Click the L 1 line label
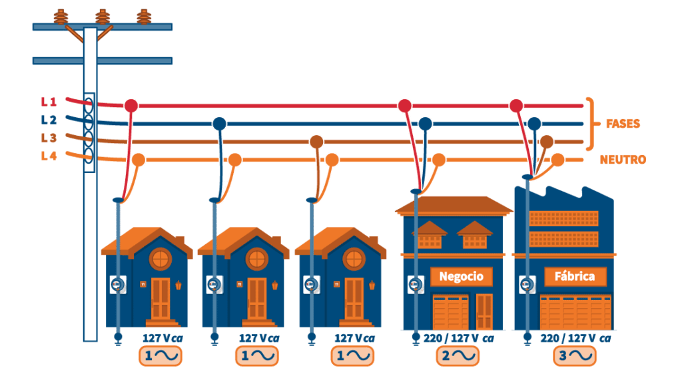point(49,102)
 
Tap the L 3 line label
point(49,138)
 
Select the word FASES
point(623,124)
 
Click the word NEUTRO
point(623,160)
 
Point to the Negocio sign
point(462,276)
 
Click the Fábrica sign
point(575,276)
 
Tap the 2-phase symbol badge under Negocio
point(458,356)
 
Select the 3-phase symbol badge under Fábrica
point(575,356)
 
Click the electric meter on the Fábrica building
point(527,285)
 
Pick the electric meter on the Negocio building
point(416,285)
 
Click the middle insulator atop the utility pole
point(103,17)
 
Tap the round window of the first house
point(161,259)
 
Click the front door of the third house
point(354,299)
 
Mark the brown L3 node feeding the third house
point(316,142)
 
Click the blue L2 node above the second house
point(220,124)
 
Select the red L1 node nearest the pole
point(131,106)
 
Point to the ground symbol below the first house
point(118,339)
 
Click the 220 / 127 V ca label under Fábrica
point(575,339)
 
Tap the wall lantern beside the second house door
point(275,285)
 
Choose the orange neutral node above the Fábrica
point(557,160)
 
